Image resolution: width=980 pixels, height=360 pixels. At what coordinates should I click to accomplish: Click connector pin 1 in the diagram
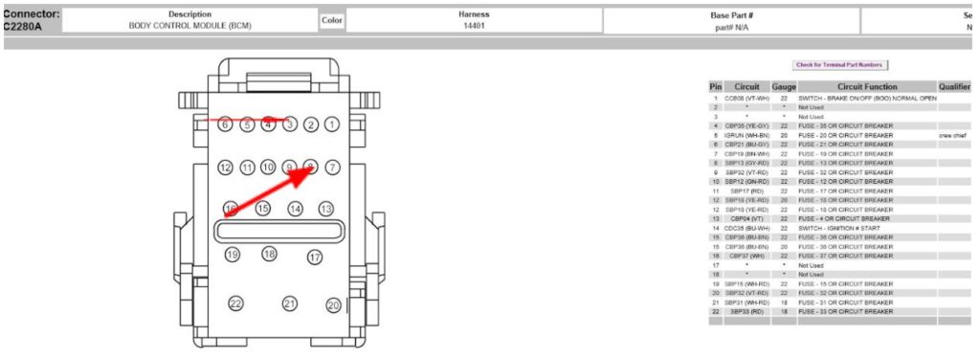coord(331,124)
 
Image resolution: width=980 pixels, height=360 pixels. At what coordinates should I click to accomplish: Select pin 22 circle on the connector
coord(235,304)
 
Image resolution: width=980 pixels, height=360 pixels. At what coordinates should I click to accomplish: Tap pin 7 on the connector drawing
coord(332,168)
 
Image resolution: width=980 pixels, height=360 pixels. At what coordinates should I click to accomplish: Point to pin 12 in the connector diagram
coord(226,168)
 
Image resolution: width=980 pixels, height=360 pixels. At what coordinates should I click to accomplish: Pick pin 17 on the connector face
coord(315,257)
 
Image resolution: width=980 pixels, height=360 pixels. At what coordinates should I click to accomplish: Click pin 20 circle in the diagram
coord(333,305)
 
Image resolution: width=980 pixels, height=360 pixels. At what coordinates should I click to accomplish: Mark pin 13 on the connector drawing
coord(325,209)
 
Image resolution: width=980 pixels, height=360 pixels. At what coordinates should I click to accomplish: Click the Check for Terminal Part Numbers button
coord(840,65)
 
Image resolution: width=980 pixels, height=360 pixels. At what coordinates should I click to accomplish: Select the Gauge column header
coord(784,87)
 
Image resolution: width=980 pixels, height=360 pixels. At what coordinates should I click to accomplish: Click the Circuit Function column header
coord(866,87)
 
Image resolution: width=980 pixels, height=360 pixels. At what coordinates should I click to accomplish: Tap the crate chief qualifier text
coord(954,136)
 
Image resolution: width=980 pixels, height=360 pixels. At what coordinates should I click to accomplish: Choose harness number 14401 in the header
coord(475,26)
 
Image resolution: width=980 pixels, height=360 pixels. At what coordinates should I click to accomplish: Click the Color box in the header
coord(332,20)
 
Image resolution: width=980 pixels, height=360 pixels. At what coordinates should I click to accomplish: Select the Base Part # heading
coord(731,15)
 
